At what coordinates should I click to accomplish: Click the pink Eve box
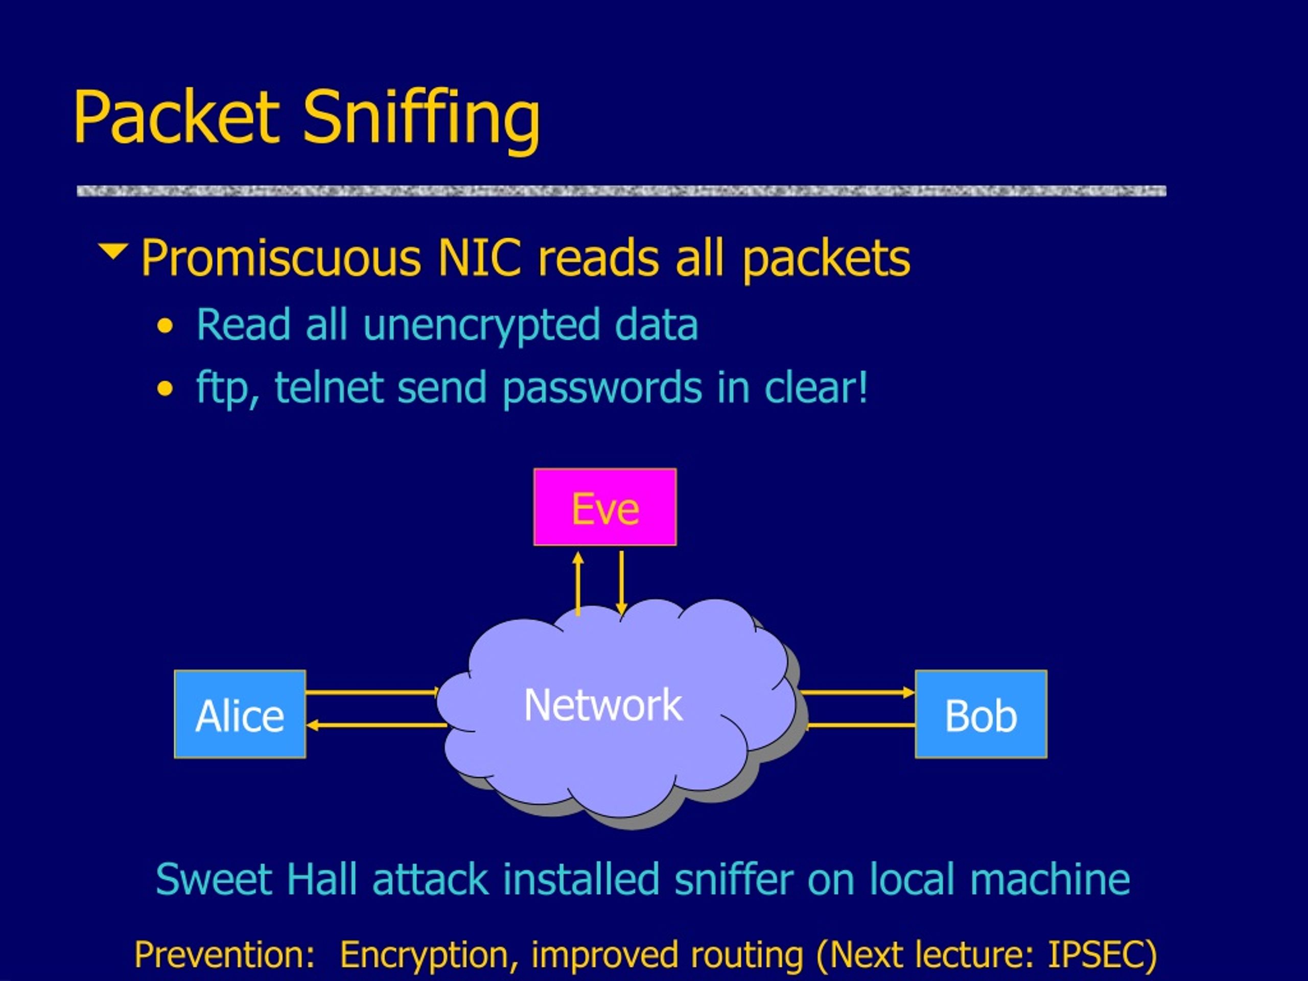(x=605, y=507)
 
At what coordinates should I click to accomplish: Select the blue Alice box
(x=240, y=714)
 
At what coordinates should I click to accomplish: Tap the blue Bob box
(x=981, y=714)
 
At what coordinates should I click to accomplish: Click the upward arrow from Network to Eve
(x=578, y=583)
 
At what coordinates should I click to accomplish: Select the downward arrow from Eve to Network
(x=621, y=583)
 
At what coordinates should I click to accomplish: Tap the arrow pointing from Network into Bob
(x=858, y=692)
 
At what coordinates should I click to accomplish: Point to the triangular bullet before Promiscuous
(x=113, y=250)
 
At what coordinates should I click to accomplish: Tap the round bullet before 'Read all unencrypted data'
(x=166, y=326)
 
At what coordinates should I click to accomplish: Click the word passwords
(x=602, y=389)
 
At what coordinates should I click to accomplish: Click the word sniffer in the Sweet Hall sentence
(x=733, y=879)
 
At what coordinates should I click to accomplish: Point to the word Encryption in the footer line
(x=428, y=955)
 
